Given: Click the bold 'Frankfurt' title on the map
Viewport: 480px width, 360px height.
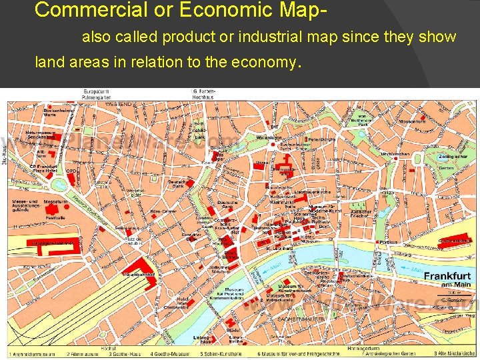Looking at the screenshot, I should point(447,277).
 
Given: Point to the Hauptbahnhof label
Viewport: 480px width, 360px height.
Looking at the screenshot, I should point(139,274).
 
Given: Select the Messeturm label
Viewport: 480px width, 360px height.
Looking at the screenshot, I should point(56,201).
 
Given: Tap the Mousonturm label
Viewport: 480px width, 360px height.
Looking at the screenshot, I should point(413,121).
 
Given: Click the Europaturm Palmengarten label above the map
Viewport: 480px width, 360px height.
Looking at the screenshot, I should point(97,93).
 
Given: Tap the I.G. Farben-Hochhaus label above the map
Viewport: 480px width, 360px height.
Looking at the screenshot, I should point(203,93).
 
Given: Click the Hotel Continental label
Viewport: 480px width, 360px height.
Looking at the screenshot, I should point(180,305).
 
